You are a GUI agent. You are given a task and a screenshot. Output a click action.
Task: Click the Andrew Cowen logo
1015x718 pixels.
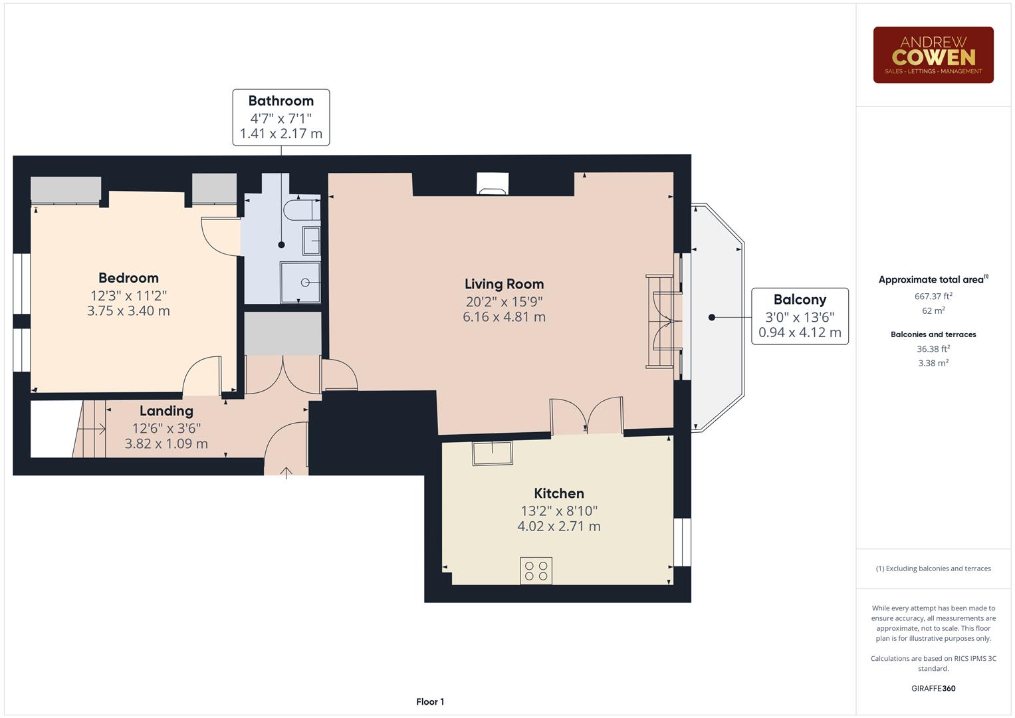click(x=933, y=55)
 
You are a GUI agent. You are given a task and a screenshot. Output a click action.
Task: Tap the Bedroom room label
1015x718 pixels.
click(x=128, y=278)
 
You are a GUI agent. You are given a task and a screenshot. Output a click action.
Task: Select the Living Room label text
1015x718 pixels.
click(x=504, y=284)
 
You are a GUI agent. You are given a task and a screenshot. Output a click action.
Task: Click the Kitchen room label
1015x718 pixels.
click(x=559, y=493)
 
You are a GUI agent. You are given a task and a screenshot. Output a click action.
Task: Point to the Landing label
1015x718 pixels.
click(x=166, y=411)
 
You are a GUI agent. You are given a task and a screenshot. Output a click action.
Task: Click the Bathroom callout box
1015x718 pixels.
click(x=281, y=117)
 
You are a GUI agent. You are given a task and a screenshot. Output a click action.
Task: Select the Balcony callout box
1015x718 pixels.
click(x=800, y=316)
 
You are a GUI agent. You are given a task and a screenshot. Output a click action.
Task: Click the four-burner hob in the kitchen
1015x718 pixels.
click(x=536, y=570)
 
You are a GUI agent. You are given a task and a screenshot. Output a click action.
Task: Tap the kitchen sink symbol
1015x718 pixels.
click(x=492, y=453)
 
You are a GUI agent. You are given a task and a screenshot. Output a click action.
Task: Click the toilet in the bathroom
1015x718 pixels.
click(x=300, y=210)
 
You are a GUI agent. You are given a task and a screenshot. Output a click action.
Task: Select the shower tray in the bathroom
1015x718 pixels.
click(x=300, y=282)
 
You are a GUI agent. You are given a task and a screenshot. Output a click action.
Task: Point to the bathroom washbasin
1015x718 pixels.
click(x=311, y=241)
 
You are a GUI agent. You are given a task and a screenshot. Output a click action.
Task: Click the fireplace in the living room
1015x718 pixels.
click(x=493, y=184)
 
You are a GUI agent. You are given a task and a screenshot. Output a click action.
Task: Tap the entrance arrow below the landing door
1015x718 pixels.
click(x=286, y=473)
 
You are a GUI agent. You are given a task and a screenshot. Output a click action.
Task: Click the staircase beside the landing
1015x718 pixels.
click(x=90, y=429)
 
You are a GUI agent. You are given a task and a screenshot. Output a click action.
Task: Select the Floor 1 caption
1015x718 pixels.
click(x=430, y=701)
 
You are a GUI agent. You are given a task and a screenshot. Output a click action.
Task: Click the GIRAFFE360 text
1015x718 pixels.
click(x=933, y=688)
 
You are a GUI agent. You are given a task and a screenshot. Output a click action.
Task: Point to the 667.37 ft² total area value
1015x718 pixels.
click(x=933, y=297)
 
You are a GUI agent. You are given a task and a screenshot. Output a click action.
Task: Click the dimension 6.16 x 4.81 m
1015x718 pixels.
click(x=504, y=317)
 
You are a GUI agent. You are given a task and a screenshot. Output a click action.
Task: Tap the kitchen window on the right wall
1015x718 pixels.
click(x=682, y=542)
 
